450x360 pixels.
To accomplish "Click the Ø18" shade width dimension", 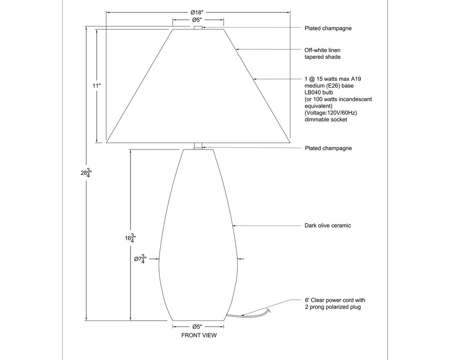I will [199, 12].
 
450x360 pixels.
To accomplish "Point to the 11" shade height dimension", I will [97, 86].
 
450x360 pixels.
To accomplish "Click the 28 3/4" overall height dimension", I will [86, 173].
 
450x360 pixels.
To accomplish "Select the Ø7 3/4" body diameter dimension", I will [140, 259].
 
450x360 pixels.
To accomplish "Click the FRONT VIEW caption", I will [199, 335].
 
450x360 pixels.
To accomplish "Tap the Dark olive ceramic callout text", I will [328, 225].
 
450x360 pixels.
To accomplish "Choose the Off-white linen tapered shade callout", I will [323, 54].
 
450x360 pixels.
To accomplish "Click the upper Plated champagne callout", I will [328, 28].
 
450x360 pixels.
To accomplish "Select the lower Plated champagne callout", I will [328, 148].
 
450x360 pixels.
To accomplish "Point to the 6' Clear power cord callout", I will [335, 303].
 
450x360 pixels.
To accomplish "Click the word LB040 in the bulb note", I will [313, 92].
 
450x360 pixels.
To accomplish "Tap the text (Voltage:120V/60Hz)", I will [330, 113].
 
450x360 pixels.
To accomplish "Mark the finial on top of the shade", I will [198, 28].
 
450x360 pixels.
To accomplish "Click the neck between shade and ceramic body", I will [198, 146].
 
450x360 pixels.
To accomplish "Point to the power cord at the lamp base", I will [246, 314].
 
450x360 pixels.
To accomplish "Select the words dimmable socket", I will [326, 120].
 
